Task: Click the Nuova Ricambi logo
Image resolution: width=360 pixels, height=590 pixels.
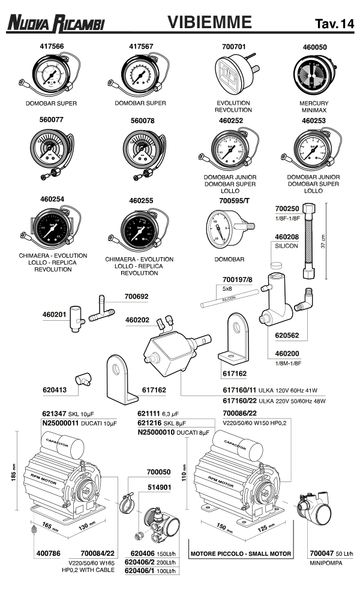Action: pos(55,23)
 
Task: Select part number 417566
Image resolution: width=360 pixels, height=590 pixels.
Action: pos(51,46)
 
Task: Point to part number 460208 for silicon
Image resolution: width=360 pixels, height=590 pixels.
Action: pos(286,237)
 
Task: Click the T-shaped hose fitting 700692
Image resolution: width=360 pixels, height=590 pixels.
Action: pos(103,309)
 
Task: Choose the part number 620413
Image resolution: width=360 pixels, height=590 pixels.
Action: pos(55,389)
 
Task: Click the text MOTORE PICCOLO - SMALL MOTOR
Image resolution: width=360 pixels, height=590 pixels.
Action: pos(240,553)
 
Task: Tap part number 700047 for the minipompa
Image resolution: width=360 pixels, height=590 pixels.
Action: pos(322,553)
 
